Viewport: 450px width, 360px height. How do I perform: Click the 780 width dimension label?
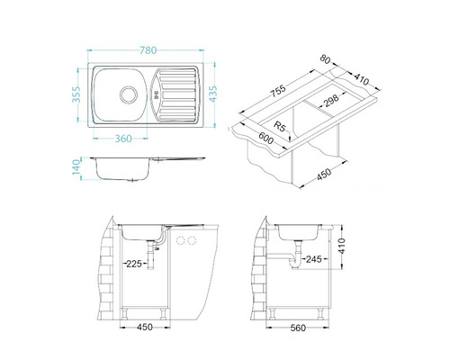148,50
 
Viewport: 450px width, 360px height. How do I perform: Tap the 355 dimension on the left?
76,94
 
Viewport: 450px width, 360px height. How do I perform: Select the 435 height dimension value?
212,94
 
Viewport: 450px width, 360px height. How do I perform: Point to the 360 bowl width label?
123,139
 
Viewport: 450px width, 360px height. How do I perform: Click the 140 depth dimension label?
76,166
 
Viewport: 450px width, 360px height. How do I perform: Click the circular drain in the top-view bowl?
129,94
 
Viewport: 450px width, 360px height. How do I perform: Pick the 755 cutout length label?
278,91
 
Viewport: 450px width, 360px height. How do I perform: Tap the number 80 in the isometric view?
325,58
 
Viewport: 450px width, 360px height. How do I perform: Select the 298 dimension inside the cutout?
331,100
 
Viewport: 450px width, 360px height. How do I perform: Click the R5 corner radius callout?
279,126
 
